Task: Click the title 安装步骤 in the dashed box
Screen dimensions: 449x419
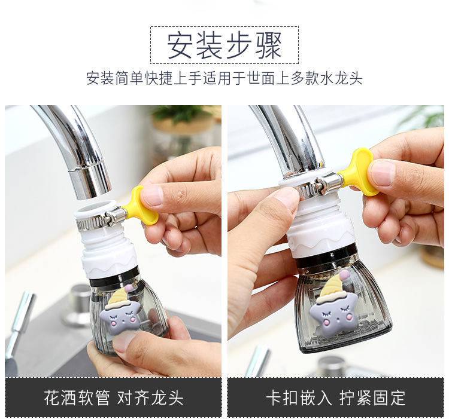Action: point(224,46)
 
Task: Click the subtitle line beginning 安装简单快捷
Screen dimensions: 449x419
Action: point(224,78)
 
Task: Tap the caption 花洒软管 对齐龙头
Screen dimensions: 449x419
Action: point(114,397)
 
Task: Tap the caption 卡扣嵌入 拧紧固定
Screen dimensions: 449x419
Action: point(336,397)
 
